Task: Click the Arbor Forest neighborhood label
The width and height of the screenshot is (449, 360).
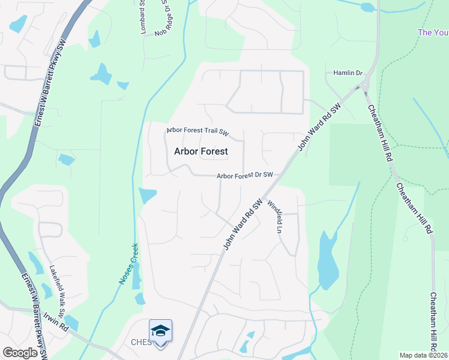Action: (x=200, y=151)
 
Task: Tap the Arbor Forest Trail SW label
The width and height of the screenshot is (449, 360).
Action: (x=198, y=131)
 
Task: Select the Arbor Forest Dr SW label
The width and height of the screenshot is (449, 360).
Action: (x=245, y=175)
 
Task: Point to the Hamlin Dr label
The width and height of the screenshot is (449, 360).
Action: (x=348, y=73)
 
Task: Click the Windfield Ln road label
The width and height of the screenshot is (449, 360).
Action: (x=274, y=216)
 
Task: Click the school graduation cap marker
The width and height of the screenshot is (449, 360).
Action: (x=160, y=331)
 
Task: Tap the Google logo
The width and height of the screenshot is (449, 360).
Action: (x=20, y=353)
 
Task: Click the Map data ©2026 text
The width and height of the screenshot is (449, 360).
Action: (x=423, y=355)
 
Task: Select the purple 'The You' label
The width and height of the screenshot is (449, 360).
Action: (x=433, y=32)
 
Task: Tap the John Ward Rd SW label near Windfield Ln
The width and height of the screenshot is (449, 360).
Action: (x=244, y=224)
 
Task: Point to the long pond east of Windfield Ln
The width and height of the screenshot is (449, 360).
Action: (x=328, y=259)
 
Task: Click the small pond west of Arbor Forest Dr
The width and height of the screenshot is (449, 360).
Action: (x=147, y=196)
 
